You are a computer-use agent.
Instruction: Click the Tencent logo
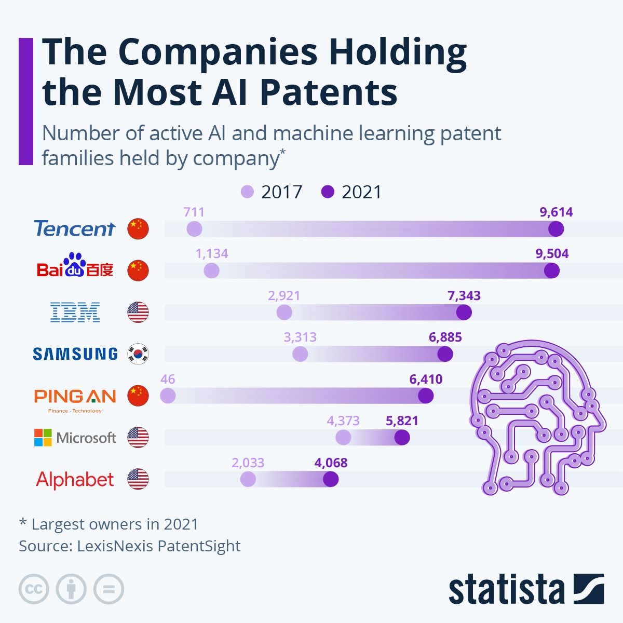point(74,228)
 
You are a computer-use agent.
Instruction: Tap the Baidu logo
point(75,266)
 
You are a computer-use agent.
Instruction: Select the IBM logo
point(75,312)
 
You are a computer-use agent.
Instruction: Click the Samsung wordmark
point(75,354)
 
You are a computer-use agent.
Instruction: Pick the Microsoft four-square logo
point(43,437)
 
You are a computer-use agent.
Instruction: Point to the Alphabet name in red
point(75,479)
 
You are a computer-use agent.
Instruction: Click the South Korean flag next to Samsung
point(138,354)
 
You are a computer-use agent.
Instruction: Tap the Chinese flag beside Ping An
point(138,396)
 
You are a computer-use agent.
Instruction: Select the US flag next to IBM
point(138,312)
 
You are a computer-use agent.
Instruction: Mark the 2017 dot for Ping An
point(168,396)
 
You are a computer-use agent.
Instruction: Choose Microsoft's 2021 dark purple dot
point(402,438)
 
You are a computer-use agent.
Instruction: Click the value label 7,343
point(464,296)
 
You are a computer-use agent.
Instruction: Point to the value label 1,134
point(212,254)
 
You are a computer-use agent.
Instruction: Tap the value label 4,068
point(331,463)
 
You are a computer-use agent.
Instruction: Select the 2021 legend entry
point(351,192)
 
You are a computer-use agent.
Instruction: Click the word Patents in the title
point(328,92)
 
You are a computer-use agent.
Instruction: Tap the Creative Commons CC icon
point(34,589)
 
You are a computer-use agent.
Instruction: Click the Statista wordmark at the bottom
point(506,589)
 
